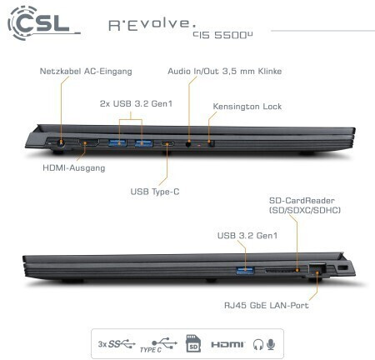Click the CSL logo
coord(42,22)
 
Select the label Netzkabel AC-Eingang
coord(86,72)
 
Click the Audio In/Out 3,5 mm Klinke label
coord(224,71)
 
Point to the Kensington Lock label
coord(247,107)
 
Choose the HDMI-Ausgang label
coord(74,168)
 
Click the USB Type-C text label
coord(155,192)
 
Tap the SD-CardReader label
coord(305,205)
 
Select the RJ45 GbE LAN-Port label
coord(266,305)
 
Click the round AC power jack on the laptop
coord(61,143)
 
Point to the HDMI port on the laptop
coord(88,143)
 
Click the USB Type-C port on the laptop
coord(167,144)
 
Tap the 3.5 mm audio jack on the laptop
coord(188,143)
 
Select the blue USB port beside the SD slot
coord(245,270)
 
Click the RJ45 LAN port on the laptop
coord(317,269)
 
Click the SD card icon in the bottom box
coord(193,343)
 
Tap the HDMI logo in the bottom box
coord(227,345)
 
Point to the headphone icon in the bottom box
coord(258,345)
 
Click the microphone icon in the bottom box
coord(271,344)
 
